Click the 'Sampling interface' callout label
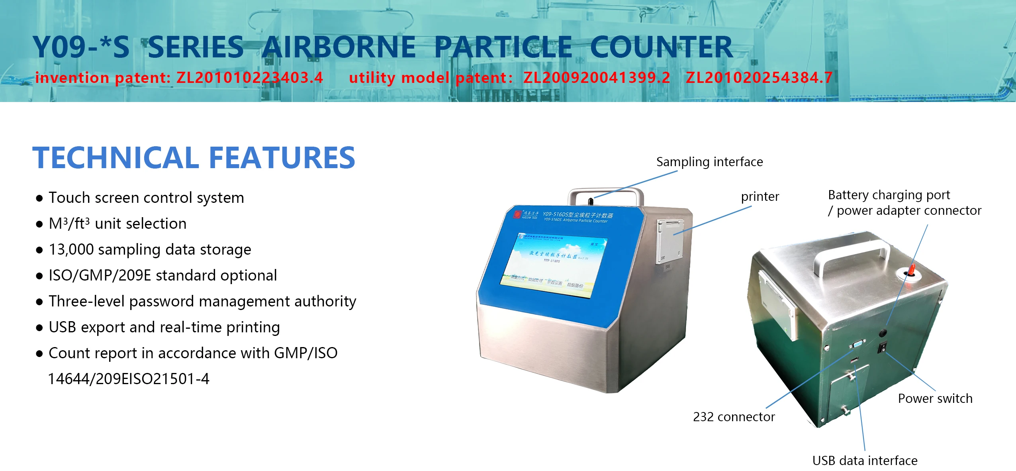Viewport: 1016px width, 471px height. [x=709, y=162]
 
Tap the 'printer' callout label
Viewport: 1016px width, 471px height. [x=760, y=196]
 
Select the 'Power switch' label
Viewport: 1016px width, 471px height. [x=935, y=398]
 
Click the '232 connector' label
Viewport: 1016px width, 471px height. [x=734, y=417]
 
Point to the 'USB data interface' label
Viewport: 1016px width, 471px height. [x=865, y=461]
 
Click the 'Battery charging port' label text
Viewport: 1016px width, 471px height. [x=889, y=195]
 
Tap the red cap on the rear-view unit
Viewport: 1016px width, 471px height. [x=911, y=270]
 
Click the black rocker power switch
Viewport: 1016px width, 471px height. [x=883, y=347]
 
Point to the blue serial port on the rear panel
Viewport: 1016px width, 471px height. [x=858, y=345]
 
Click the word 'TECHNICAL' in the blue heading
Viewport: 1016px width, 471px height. [x=115, y=158]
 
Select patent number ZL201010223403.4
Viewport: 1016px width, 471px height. [x=249, y=78]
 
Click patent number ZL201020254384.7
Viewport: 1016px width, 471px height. [x=759, y=78]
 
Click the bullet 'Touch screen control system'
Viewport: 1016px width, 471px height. [x=146, y=198]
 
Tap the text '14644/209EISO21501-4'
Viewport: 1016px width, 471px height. [x=128, y=379]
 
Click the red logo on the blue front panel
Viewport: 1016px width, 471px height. [x=517, y=214]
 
